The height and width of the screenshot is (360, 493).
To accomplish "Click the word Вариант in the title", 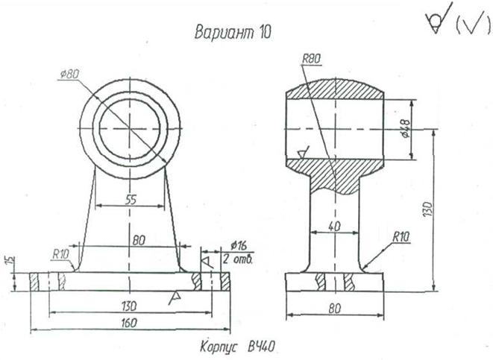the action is pyautogui.click(x=224, y=32).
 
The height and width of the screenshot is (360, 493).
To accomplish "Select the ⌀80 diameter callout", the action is pyautogui.click(x=70, y=74).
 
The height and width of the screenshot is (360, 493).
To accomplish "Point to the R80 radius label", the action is pyautogui.click(x=311, y=59).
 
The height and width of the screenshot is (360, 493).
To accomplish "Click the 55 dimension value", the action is pyautogui.click(x=131, y=199).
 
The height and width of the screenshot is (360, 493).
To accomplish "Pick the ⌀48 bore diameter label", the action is pyautogui.click(x=405, y=128).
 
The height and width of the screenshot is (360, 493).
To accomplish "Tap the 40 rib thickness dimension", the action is pyautogui.click(x=334, y=226).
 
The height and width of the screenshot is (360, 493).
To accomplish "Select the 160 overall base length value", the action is pyautogui.click(x=129, y=323).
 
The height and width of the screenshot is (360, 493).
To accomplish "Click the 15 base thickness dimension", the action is pyautogui.click(x=10, y=260).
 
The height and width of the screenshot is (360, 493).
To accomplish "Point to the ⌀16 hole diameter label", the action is pyautogui.click(x=239, y=245).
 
